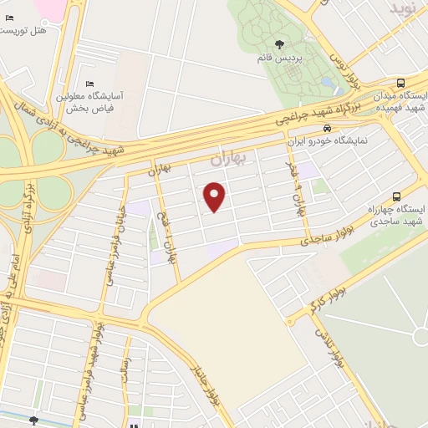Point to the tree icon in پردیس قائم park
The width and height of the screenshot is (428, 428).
278,46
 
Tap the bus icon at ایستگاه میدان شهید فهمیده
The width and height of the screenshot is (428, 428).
401,83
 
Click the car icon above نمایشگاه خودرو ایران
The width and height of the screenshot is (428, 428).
327,128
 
